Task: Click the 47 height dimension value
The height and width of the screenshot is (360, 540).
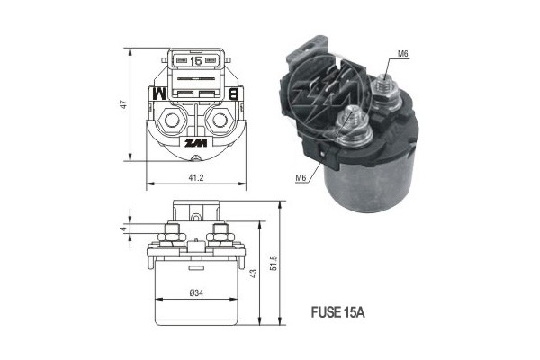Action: tap(123, 104)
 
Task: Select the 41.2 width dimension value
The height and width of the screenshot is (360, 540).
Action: tap(196, 178)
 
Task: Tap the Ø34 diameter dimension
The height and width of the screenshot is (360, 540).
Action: tap(196, 292)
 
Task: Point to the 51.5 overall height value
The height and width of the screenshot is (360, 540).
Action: tap(274, 263)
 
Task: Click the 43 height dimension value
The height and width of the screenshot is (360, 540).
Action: tap(253, 274)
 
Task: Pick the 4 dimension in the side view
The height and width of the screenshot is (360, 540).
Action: tap(123, 229)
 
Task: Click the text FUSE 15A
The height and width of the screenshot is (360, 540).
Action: tap(337, 312)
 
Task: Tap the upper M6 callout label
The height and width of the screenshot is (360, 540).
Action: tap(403, 54)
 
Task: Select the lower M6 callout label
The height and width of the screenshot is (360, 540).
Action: tap(301, 178)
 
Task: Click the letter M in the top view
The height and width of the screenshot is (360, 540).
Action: tap(159, 94)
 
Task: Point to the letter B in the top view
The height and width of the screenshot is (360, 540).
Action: tap(233, 94)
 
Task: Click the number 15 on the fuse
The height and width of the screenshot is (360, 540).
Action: tap(196, 61)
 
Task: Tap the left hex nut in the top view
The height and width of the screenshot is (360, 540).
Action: tap(172, 121)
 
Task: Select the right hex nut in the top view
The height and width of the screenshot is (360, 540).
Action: tap(220, 121)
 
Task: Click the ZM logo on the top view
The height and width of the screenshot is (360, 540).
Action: tap(196, 142)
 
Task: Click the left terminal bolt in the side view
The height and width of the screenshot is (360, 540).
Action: tap(172, 237)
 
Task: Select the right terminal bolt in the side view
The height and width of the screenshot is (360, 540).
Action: tap(220, 237)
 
